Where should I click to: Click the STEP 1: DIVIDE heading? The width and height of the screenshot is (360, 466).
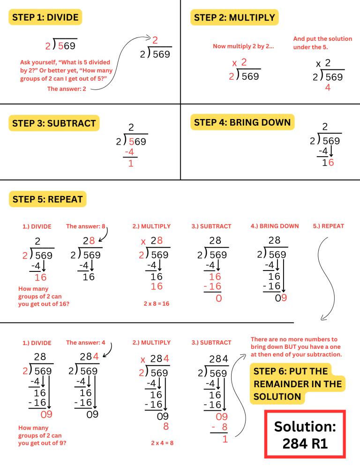click(45, 18)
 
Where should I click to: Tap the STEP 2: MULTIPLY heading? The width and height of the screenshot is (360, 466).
click(234, 18)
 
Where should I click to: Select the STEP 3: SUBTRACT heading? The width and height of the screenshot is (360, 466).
click(54, 124)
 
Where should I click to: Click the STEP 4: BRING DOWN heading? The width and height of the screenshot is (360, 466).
click(242, 122)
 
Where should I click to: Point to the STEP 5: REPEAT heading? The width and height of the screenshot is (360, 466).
click(47, 199)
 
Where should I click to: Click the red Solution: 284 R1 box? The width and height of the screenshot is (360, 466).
click(305, 434)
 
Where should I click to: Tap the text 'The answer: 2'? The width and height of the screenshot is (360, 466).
click(67, 89)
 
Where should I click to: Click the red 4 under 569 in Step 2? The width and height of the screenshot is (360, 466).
click(328, 88)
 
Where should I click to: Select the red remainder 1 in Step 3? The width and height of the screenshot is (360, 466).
click(131, 164)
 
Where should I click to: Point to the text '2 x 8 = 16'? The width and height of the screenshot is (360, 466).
click(156, 304)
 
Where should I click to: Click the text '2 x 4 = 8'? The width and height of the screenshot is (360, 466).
click(162, 443)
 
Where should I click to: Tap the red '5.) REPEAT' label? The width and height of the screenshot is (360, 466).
click(328, 226)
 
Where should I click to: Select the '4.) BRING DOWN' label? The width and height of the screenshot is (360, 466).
click(275, 226)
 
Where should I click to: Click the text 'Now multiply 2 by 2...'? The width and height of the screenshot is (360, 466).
click(243, 46)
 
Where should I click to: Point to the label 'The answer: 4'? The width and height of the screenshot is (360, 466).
click(86, 343)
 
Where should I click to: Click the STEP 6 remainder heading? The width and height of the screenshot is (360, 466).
click(297, 384)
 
